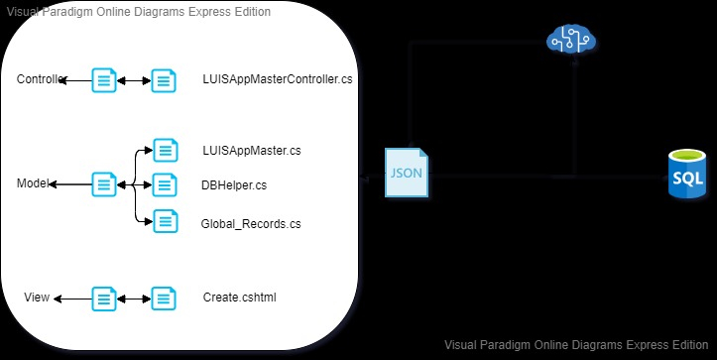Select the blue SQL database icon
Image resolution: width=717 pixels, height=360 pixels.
(687, 175)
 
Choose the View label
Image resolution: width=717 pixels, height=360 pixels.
(37, 298)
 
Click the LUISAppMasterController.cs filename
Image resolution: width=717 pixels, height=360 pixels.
(277, 79)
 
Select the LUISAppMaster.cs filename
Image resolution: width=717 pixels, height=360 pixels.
(251, 152)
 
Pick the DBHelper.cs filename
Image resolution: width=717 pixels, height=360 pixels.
(233, 184)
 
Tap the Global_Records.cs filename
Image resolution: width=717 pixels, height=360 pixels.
(250, 224)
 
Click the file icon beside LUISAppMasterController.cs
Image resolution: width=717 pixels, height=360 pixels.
(164, 80)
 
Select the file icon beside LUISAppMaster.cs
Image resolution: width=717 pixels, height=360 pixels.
(165, 151)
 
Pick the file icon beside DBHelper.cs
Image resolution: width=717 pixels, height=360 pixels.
(165, 184)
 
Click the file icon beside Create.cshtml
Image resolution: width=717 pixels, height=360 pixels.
(164, 298)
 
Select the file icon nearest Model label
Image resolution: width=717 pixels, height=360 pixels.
(104, 184)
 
